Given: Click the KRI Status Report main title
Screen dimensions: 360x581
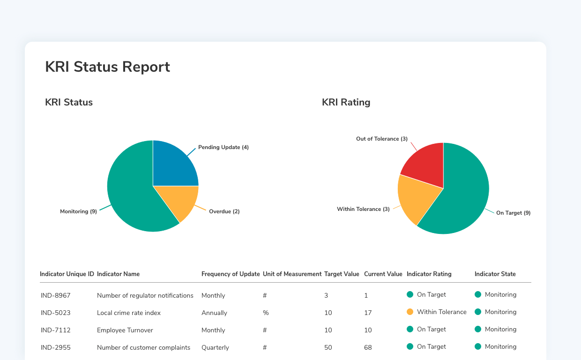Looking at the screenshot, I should [107, 67].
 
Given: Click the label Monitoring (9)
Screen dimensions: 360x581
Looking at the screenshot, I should [78, 211].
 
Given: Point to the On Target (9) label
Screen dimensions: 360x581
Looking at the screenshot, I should [513, 213].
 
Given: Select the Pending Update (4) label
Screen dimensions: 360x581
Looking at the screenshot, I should [223, 147].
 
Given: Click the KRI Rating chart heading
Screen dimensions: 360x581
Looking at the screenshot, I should [346, 102].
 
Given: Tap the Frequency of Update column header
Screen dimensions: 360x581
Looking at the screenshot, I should [231, 274].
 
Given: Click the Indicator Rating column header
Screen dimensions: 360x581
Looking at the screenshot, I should [429, 274].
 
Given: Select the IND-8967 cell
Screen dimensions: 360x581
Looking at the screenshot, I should [55, 296].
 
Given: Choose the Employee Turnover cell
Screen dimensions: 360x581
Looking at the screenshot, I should [125, 330].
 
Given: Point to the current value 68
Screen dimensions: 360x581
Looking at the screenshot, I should [368, 347].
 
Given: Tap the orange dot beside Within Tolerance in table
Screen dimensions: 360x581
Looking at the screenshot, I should [410, 312].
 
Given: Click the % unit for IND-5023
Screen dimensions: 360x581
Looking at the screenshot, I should [266, 313].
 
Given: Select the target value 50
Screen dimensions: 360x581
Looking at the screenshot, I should [328, 347].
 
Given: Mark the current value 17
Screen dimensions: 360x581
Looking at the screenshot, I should [368, 313].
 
